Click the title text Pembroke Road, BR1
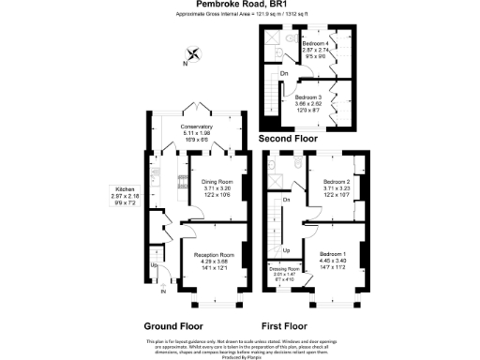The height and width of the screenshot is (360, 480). pos(241,6)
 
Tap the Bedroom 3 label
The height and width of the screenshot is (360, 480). pos(308,101)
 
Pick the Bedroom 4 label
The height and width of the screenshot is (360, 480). pos(317,49)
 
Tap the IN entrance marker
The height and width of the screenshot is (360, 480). pos(162,292)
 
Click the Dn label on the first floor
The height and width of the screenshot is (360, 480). pos(286,201)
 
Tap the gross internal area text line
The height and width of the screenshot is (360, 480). pos(240,15)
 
